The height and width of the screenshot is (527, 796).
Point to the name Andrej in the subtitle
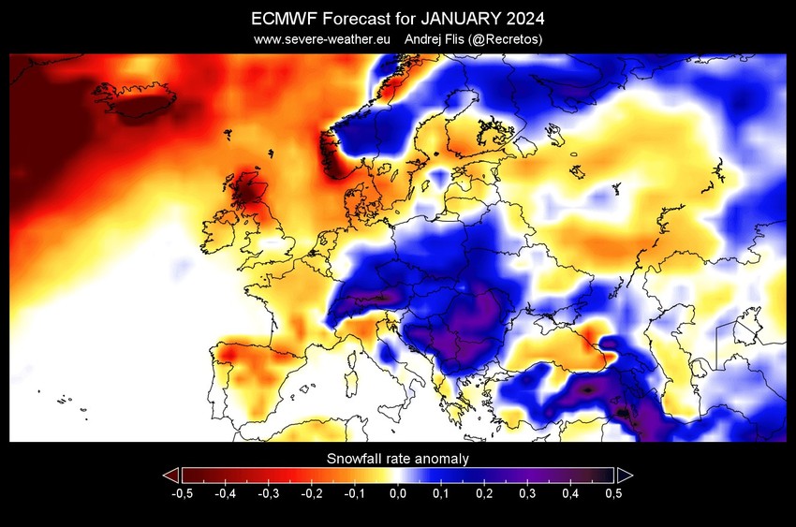(424, 39)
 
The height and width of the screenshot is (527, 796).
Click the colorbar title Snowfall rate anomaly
(397, 459)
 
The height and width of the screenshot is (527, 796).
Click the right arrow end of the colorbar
(625, 475)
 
